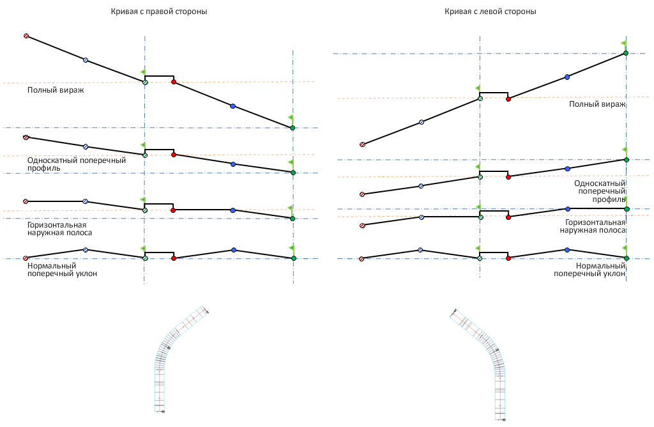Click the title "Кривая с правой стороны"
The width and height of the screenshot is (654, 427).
pos(159,12)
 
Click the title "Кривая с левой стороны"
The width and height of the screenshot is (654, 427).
pos(490,12)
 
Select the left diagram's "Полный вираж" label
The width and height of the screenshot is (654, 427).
pos(56,90)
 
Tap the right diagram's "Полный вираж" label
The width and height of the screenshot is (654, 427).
pos(597,104)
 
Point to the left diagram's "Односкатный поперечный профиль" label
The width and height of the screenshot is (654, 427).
pos(76,164)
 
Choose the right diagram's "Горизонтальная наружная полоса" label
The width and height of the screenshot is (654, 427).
pos(593,226)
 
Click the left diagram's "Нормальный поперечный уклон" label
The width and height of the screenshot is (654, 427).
pos(62,270)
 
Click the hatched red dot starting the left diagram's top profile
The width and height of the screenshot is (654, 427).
pos(26,36)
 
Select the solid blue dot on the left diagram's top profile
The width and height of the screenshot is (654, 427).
pos(232,106)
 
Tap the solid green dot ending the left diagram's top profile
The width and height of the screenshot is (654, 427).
pos(293,128)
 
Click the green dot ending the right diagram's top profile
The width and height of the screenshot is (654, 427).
pos(626,53)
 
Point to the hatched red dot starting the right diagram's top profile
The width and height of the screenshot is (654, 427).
pos(362,144)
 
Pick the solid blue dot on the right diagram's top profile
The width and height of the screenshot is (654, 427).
pos(567,77)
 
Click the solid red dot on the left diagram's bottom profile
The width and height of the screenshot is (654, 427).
pos(174,258)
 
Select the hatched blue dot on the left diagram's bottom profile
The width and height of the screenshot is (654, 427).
pos(86,250)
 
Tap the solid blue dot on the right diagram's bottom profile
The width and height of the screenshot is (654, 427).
pos(567,250)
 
